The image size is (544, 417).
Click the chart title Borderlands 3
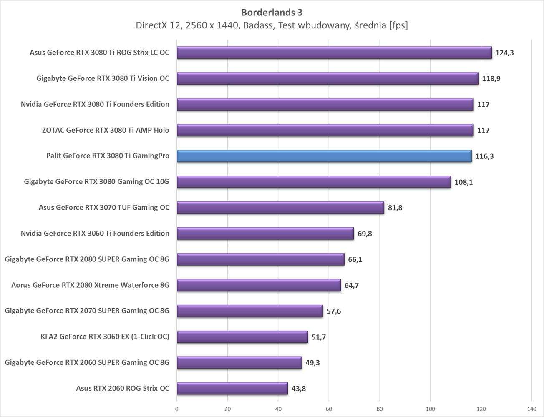tap(272, 12)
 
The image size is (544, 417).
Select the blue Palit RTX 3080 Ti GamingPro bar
tap(324, 156)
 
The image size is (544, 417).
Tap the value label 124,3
tap(504, 53)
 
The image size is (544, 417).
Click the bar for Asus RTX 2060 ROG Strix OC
tap(232, 388)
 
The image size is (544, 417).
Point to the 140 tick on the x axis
tap(531, 409)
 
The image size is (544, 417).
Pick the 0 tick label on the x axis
tap(177, 409)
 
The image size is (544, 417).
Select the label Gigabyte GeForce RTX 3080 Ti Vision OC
tap(103, 78)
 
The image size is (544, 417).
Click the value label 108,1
tap(463, 182)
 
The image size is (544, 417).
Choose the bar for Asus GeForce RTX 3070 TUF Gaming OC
tap(280, 208)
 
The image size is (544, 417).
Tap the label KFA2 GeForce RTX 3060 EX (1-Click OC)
tap(105, 337)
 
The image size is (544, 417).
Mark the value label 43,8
tap(298, 389)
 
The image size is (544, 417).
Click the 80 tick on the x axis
tap(380, 409)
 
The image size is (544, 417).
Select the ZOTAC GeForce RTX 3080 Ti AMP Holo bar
tap(325, 130)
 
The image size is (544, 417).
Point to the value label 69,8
tap(365, 234)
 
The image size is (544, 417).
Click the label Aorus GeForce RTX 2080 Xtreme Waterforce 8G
tap(90, 285)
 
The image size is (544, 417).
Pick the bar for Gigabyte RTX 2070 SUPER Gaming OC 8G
tap(249, 311)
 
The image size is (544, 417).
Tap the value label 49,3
tap(312, 363)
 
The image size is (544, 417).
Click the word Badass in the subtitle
tap(258, 25)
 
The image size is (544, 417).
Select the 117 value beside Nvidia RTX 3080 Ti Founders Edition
tap(483, 105)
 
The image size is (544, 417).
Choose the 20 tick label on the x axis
tap(227, 409)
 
